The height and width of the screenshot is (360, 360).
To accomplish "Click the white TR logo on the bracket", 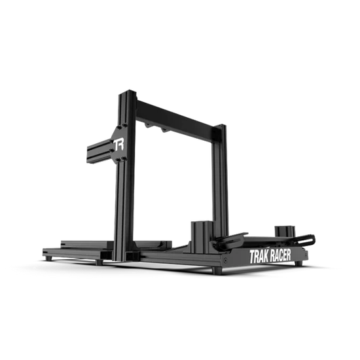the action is [119, 145].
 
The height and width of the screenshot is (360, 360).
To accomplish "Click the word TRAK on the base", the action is [259, 257].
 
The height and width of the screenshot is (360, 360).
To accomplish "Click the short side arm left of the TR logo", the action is [99, 151].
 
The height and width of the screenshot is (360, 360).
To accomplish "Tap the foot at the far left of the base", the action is [48, 259].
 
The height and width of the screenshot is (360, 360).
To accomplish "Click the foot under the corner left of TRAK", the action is [217, 271].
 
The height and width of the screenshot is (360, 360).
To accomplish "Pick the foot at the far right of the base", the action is [298, 263].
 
